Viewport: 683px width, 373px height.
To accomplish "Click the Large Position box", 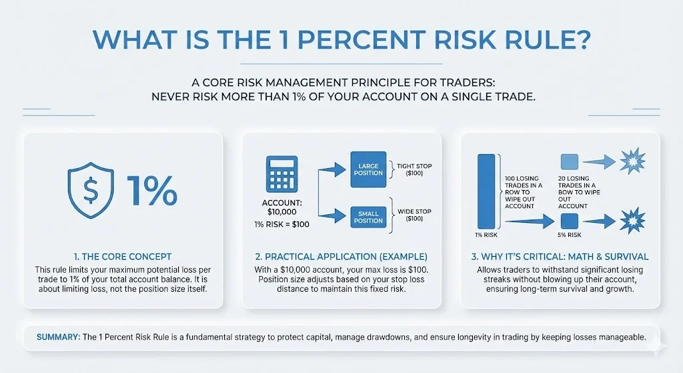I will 368,169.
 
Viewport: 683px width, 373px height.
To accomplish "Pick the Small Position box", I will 368,216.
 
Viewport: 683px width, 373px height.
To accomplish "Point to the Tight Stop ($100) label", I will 414,169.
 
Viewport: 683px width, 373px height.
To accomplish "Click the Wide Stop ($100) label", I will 414,216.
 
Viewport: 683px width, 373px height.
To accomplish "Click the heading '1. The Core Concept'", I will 122,256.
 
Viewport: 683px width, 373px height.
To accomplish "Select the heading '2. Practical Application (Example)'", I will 341,256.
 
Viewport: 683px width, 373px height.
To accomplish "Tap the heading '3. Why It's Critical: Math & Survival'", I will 560,256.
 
